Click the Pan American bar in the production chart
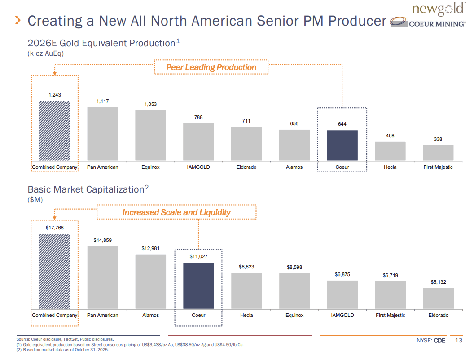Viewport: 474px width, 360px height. pos(102,134)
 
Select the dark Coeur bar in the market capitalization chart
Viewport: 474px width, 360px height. pos(198,285)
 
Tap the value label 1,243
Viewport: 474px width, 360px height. pos(55,95)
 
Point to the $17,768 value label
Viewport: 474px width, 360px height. pos(55,228)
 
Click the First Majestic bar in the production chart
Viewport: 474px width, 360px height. pos(438,153)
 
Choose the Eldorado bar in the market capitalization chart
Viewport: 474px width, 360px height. pos(438,298)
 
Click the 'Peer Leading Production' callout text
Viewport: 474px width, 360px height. pos(211,67)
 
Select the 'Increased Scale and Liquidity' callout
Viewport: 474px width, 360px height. pos(176,212)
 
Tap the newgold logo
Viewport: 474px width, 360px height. pos(437,9)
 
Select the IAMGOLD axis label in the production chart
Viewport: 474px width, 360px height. pos(198,167)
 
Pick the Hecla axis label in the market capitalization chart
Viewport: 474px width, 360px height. pos(246,315)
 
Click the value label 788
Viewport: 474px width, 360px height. pos(198,117)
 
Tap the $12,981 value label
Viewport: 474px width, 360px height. pos(150,248)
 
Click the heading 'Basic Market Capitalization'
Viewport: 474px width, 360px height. pos(85,189)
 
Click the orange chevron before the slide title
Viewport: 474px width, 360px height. pos(18,20)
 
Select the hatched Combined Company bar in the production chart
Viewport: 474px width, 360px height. pos(55,130)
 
